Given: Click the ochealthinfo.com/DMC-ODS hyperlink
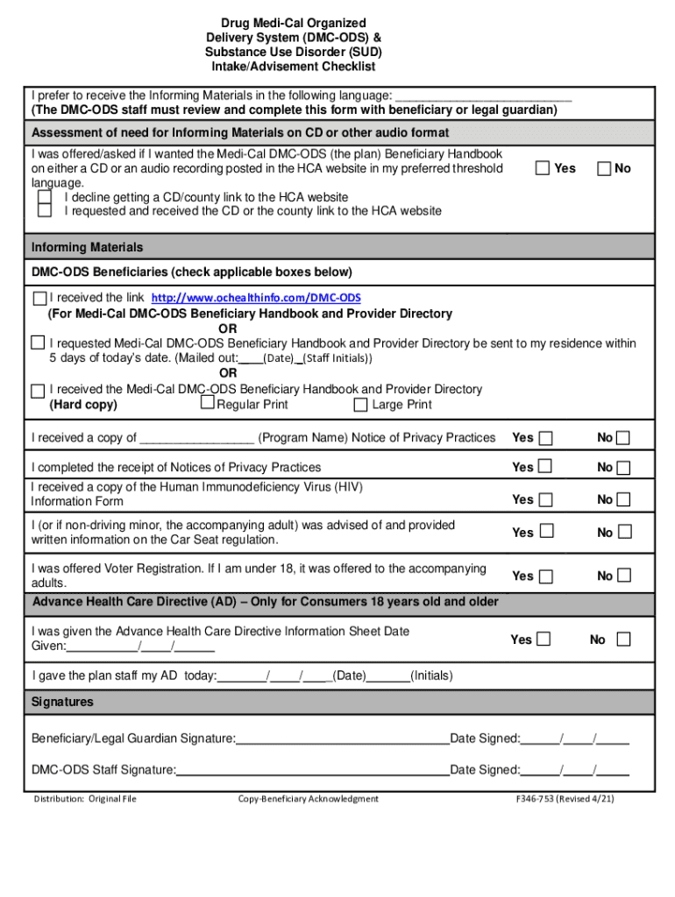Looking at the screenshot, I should click(256, 299).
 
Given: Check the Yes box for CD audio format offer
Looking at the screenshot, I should click(543, 167).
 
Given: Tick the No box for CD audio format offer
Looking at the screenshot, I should click(604, 167).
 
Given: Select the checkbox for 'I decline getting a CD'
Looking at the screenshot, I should click(45, 197).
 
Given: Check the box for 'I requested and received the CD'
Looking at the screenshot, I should click(45, 211).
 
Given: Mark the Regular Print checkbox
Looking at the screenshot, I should click(208, 403).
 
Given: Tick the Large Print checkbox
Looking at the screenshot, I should click(360, 405).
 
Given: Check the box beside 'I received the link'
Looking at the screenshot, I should click(39, 298).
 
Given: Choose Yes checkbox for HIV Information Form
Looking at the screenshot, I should click(545, 499).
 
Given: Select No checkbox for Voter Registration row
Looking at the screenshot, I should click(623, 576).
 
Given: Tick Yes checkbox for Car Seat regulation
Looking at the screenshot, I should click(545, 532).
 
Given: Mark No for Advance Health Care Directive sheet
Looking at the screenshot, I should click(623, 639).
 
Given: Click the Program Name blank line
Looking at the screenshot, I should click(197, 438).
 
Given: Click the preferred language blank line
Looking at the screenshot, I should click(484, 95).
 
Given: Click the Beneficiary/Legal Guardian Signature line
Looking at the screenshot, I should click(343, 739).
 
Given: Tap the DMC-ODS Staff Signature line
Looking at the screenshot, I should click(313, 771).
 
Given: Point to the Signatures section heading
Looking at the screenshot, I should click(62, 703).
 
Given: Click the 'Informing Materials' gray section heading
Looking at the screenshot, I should click(87, 247).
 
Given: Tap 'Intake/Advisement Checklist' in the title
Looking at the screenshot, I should click(293, 67).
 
